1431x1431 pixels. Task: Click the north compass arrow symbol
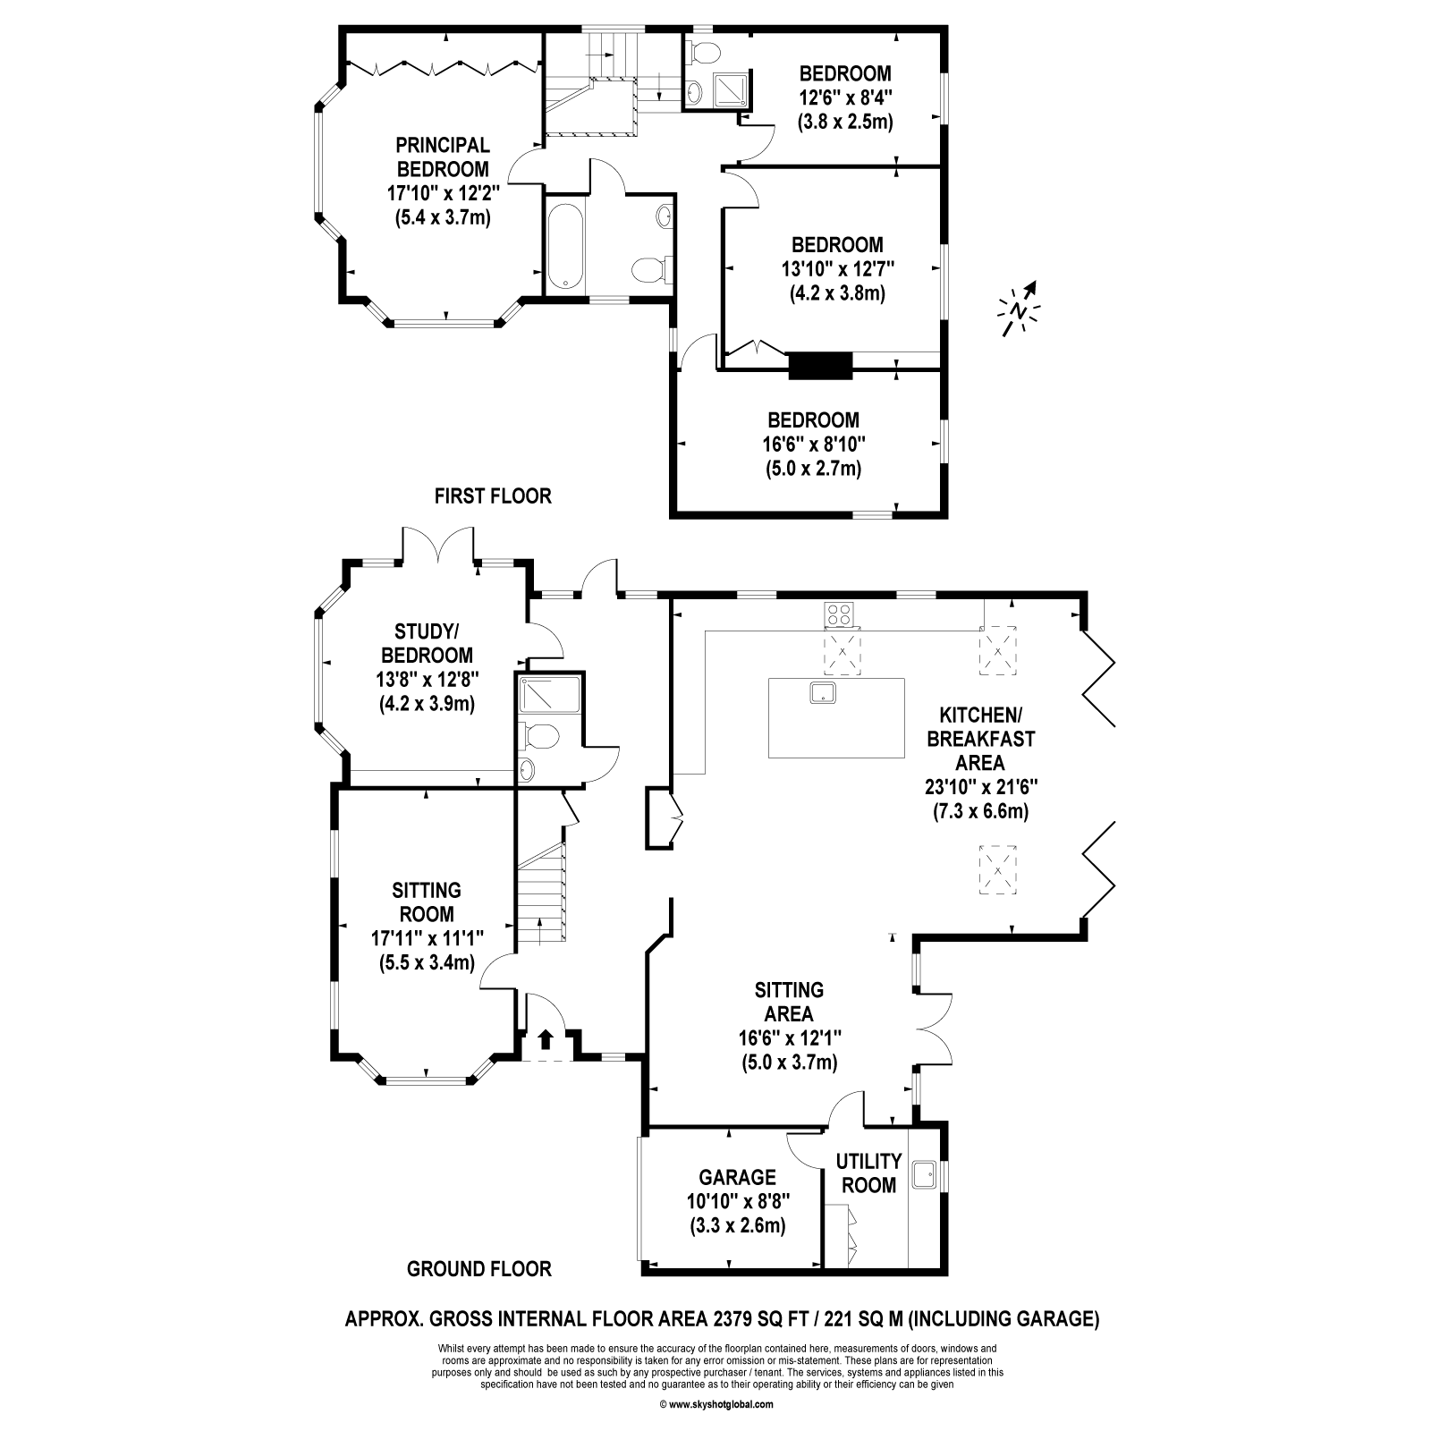(1020, 309)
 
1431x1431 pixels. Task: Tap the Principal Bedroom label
(443, 157)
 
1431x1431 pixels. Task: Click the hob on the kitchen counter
(840, 614)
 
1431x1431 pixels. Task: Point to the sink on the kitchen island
(822, 692)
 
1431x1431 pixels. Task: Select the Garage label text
(737, 1177)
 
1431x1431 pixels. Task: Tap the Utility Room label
(868, 1173)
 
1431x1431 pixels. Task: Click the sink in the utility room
(924, 1173)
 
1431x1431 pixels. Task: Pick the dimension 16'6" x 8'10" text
(813, 444)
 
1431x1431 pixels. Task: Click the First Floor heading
(493, 495)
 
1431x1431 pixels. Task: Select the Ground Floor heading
(478, 1268)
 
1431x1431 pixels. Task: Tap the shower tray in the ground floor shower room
(550, 694)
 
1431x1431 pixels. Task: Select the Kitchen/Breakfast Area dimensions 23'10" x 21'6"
(980, 787)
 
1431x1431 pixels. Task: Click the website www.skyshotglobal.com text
(716, 1404)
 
